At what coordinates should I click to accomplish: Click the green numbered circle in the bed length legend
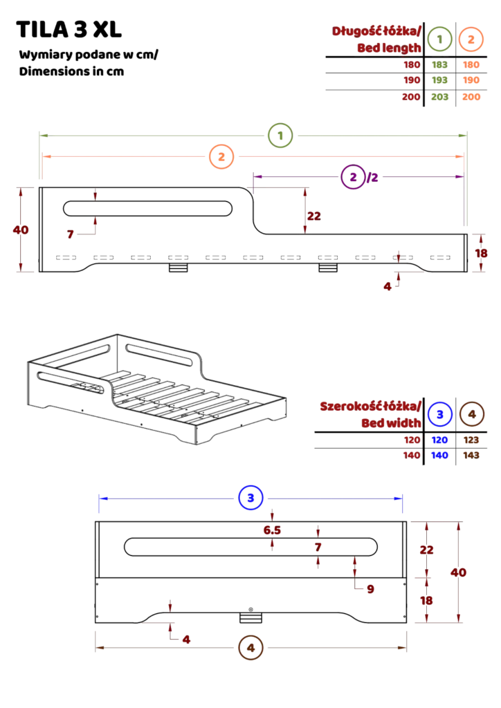click(440, 39)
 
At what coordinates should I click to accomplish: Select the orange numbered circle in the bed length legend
click(471, 39)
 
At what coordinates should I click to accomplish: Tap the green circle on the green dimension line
click(280, 136)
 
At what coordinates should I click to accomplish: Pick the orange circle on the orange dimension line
click(221, 157)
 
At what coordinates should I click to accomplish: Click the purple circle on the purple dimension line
click(353, 177)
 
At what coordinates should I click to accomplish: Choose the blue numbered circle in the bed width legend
click(440, 414)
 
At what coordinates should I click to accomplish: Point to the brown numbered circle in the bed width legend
click(472, 414)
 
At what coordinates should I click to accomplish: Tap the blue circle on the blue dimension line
click(250, 498)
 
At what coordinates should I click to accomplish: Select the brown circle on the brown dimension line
click(250, 648)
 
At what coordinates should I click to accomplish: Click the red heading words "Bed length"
click(389, 48)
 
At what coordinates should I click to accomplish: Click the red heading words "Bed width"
click(391, 422)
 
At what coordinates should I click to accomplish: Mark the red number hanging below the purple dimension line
click(313, 216)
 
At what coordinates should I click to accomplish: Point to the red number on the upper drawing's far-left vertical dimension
click(21, 230)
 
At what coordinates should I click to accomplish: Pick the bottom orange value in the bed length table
click(471, 97)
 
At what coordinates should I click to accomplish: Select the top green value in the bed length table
click(439, 65)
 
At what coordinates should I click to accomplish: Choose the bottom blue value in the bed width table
click(439, 455)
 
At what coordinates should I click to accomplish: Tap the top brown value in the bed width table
click(471, 440)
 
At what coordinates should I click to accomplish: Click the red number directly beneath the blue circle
click(271, 530)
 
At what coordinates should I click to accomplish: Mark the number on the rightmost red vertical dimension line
click(458, 572)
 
